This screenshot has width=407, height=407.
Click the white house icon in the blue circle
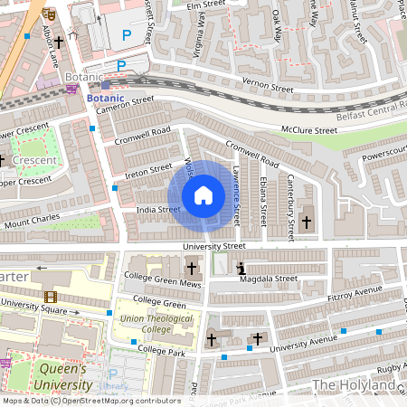pos(203,195)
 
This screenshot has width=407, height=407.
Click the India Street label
pos(157,210)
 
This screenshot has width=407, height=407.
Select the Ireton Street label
pos(147,169)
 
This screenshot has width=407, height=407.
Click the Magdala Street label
pos(269,279)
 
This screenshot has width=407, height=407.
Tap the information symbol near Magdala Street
pos(241,269)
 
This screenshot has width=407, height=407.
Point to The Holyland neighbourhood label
pos(354,385)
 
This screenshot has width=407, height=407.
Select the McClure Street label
pos(308,130)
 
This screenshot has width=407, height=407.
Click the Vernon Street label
pos(268,89)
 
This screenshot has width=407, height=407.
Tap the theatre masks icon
pos(49,14)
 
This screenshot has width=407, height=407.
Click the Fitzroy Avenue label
pos(355,293)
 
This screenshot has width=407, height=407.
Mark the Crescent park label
pos(34,160)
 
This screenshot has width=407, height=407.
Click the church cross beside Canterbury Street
pos(306,222)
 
